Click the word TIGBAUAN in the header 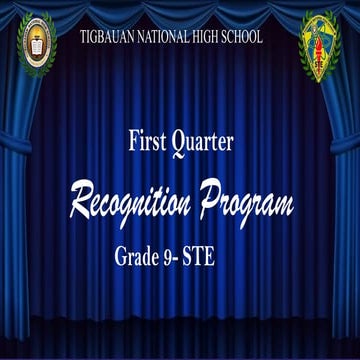tap(111, 37)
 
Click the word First tap(147, 142)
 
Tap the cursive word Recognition tap(133, 203)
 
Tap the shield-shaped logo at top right tap(320, 46)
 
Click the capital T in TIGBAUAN tap(84, 37)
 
